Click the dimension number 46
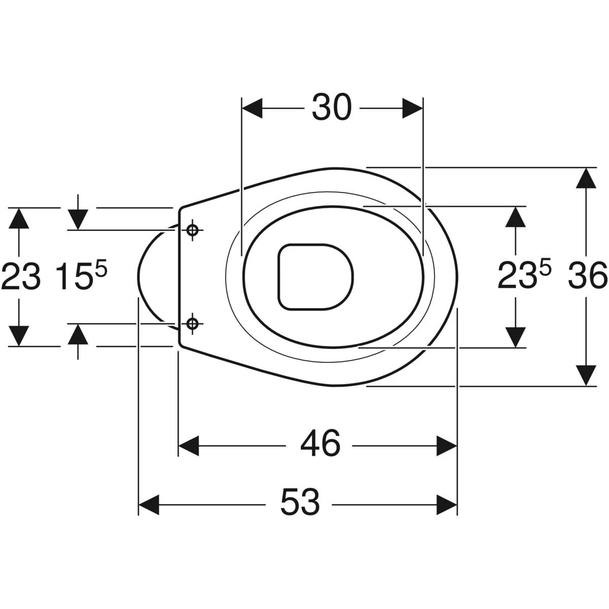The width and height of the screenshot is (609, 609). tap(320, 446)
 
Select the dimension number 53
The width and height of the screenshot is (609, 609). tap(300, 504)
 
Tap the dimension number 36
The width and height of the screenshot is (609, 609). tap(588, 277)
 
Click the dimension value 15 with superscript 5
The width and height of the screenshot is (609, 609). tap(82, 276)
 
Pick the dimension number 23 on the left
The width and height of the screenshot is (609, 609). tap(21, 277)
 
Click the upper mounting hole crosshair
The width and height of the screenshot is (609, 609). tap(192, 230)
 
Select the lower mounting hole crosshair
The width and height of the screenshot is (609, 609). tap(192, 323)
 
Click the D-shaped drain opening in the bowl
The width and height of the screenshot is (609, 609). tap(316, 277)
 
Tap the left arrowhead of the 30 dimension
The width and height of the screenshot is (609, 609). tap(252, 108)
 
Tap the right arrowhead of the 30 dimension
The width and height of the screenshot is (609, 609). tap(413, 108)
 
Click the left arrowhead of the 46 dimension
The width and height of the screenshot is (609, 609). tap(189, 446)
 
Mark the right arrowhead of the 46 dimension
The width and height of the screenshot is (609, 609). tap(447, 446)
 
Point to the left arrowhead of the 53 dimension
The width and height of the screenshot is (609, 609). tap(149, 504)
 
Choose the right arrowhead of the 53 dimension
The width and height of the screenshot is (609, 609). tap(447, 504)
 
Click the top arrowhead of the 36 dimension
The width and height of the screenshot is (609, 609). tap(586, 178)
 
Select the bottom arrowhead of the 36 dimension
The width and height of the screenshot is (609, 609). tap(586, 376)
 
